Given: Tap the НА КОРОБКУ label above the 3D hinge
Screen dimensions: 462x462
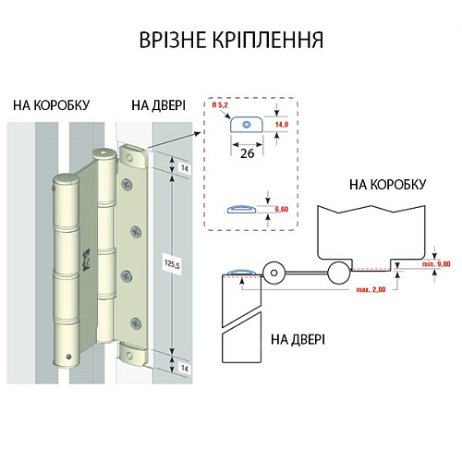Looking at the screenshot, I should pos(52,104).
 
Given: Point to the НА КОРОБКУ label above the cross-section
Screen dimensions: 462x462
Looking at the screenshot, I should pos(388,185).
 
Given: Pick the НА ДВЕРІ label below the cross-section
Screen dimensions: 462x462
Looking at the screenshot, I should pos(298,339).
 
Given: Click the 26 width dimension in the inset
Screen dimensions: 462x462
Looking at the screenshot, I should pos(248,152).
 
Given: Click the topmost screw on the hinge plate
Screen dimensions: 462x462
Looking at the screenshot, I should pos(128,181).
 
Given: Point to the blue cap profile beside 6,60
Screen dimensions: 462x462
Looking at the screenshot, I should pos(241,208).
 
